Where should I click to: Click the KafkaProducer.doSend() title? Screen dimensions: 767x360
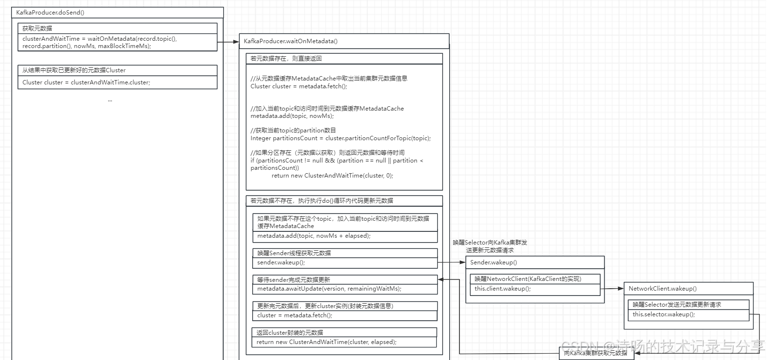[x=50, y=13]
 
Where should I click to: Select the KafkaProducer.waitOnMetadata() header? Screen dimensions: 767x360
[x=291, y=41]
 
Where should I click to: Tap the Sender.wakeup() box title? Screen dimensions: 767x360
[x=493, y=262]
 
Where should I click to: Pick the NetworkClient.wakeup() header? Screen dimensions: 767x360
[x=662, y=289]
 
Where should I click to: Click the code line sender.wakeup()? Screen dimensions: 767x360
[x=281, y=262]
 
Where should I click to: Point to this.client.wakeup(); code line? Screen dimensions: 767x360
[x=503, y=289]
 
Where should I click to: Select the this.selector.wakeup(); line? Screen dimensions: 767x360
[x=663, y=314]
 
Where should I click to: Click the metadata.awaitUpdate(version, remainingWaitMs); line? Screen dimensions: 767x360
[x=329, y=289]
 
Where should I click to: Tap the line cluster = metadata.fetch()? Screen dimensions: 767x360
[x=294, y=315]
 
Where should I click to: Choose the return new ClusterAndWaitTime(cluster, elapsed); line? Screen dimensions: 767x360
[x=326, y=342]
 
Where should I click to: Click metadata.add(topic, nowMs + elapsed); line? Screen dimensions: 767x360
[x=314, y=236]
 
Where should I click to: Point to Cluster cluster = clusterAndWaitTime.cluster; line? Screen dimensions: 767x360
[x=86, y=82]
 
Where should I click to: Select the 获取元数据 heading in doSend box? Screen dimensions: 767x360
[x=37, y=29]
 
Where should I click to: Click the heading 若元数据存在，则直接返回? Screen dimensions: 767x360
[x=286, y=59]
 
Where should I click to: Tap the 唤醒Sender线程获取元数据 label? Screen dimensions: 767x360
[x=294, y=253]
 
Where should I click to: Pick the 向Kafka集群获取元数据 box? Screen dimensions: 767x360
[x=596, y=353]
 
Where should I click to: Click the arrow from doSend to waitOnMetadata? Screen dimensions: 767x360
[x=228, y=42]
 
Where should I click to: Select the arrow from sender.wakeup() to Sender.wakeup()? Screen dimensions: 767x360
[x=451, y=262]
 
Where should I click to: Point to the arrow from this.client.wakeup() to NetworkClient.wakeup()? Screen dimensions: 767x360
[x=611, y=289]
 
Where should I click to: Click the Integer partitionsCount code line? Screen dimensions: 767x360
[x=341, y=138]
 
